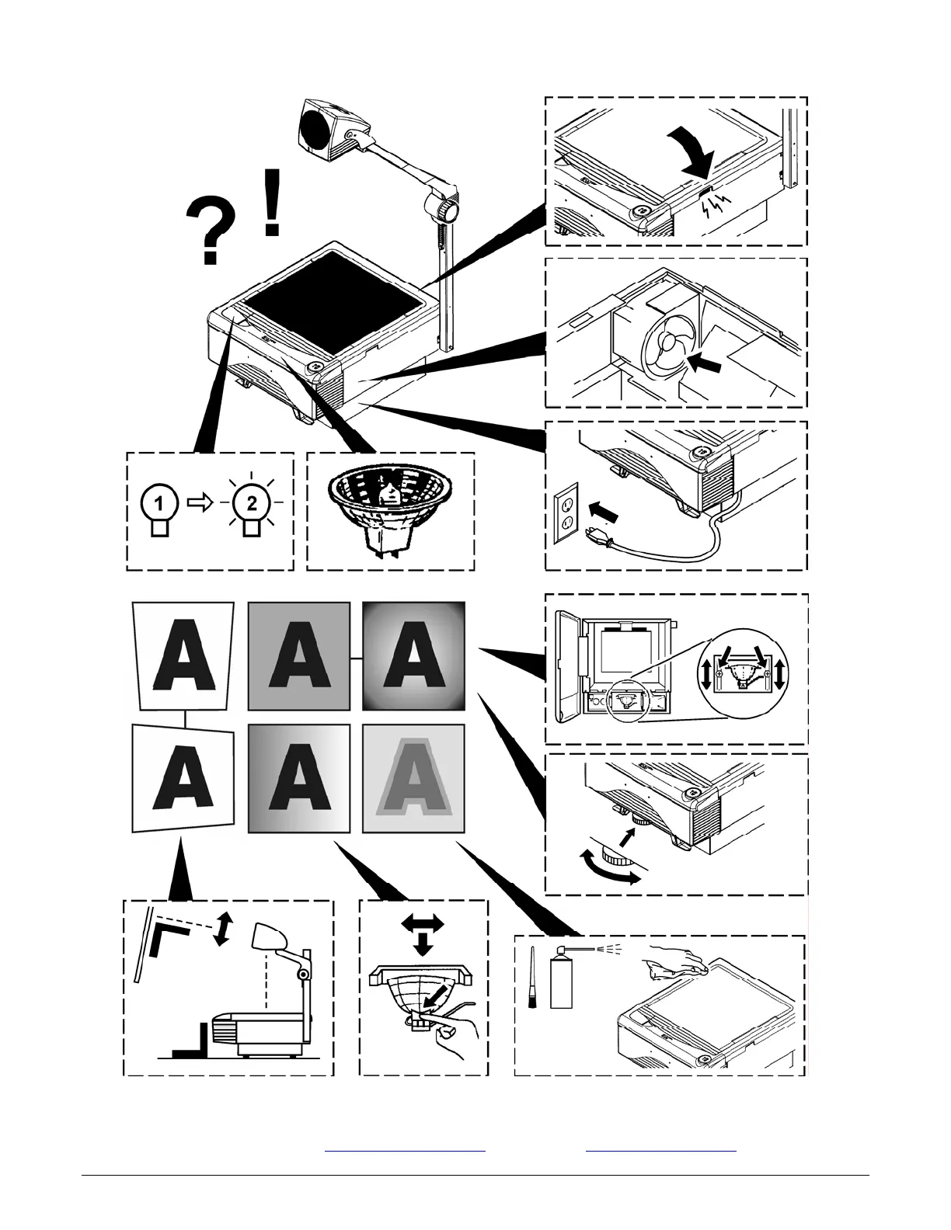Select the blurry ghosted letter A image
tap(414, 780)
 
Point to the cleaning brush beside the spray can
tap(534, 980)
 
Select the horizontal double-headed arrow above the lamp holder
tap(423, 922)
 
